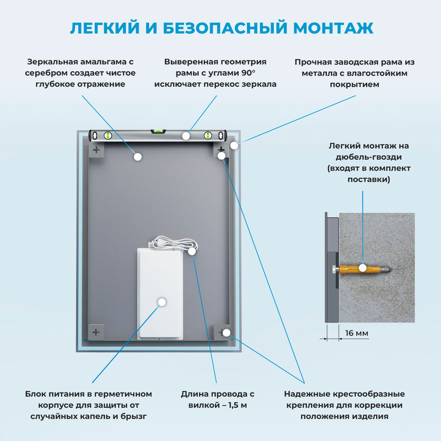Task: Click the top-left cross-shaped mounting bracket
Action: (96, 150)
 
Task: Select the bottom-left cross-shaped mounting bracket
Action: (96, 332)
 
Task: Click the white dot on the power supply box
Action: (162, 302)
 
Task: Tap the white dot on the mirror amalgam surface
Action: (137, 157)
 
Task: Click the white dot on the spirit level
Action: (186, 135)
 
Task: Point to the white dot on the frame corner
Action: (234, 145)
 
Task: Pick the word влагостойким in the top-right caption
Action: (383, 73)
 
